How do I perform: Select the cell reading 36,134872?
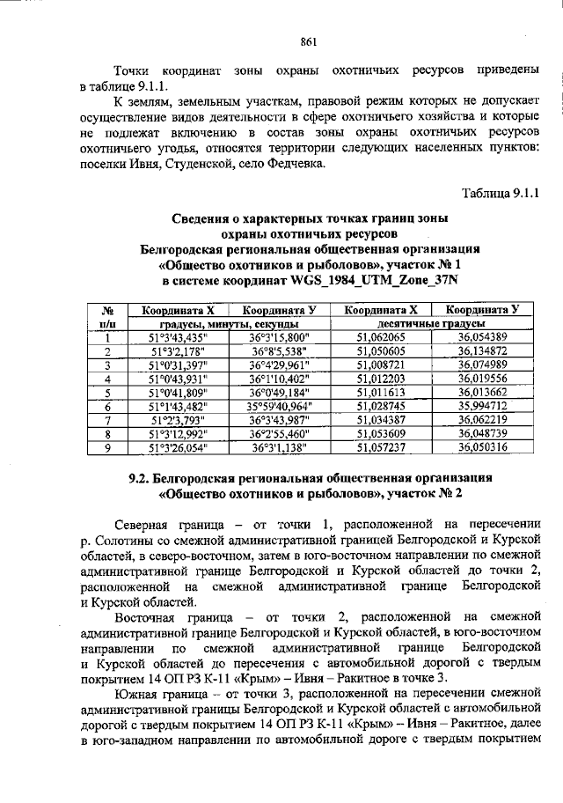[481, 350]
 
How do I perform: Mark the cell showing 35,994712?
[481, 406]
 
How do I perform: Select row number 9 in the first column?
[106, 447]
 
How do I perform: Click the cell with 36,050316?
[481, 447]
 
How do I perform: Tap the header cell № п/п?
[106, 317]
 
